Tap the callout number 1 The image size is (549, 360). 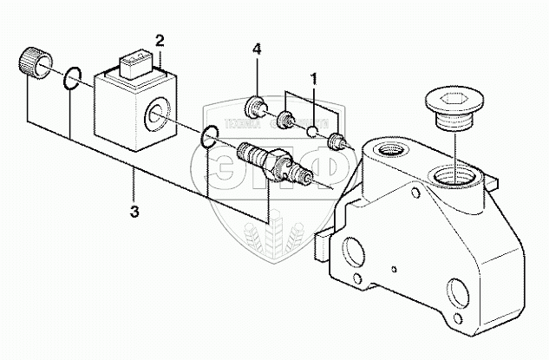[x=314, y=77]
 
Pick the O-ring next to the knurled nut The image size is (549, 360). [x=74, y=80]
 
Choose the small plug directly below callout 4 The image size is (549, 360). [x=257, y=108]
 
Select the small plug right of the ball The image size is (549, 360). [x=339, y=140]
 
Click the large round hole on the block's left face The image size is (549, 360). [x=353, y=254]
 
